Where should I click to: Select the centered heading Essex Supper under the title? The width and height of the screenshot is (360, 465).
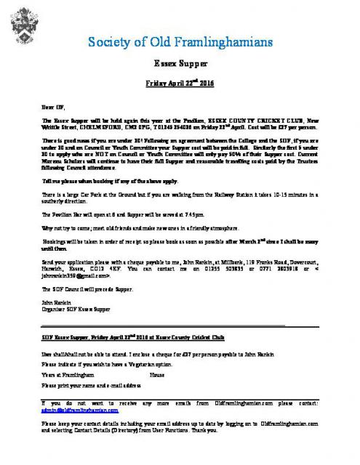coord(180,63)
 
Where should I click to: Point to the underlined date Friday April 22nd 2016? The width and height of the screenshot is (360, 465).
coord(180,84)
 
